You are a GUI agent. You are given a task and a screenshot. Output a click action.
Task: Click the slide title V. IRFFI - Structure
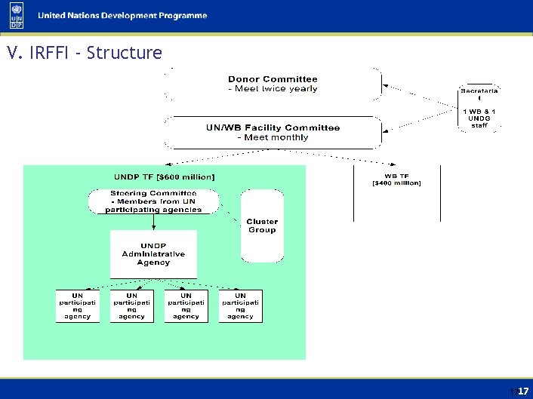point(83,54)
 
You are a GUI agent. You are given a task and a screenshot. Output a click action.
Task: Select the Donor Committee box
point(273,84)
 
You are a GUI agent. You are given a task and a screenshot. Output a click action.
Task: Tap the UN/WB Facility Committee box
point(273,133)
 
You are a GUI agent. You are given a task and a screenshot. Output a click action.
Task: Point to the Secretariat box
point(480,108)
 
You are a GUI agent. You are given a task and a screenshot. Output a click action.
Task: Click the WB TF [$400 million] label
point(396,179)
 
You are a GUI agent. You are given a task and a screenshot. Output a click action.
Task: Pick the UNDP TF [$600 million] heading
point(164,177)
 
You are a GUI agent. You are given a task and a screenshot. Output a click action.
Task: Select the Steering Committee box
point(153,201)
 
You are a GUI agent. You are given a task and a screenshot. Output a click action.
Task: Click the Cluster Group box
point(262,225)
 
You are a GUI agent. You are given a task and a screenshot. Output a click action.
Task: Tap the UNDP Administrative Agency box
point(153,254)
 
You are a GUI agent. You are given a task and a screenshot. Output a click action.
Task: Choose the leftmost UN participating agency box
point(77,305)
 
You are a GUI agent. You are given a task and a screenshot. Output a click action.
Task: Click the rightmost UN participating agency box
point(240,305)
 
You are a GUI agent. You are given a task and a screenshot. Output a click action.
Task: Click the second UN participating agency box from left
point(131,305)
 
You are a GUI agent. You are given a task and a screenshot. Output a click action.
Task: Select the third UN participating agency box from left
point(186,305)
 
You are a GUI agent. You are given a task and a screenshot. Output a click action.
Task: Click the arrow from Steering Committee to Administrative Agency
point(153,222)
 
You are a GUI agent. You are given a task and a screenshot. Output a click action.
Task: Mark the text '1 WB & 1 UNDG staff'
point(480,118)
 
